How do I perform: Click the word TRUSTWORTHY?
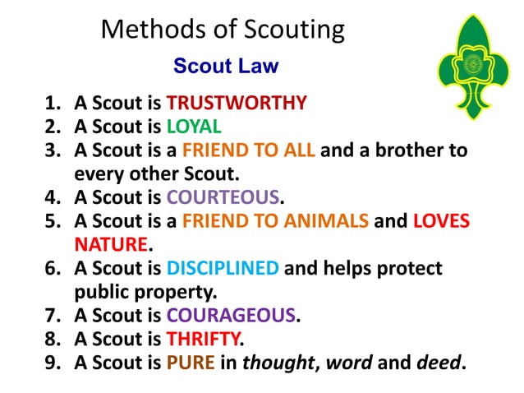click(237, 104)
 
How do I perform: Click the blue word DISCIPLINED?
click(223, 268)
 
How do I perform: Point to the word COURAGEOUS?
click(230, 315)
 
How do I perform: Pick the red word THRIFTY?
click(204, 339)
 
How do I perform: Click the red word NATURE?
click(111, 244)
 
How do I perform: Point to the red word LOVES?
click(440, 221)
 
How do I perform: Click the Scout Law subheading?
click(226, 67)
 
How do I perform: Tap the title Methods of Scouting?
click(222, 30)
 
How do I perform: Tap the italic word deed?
click(444, 362)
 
